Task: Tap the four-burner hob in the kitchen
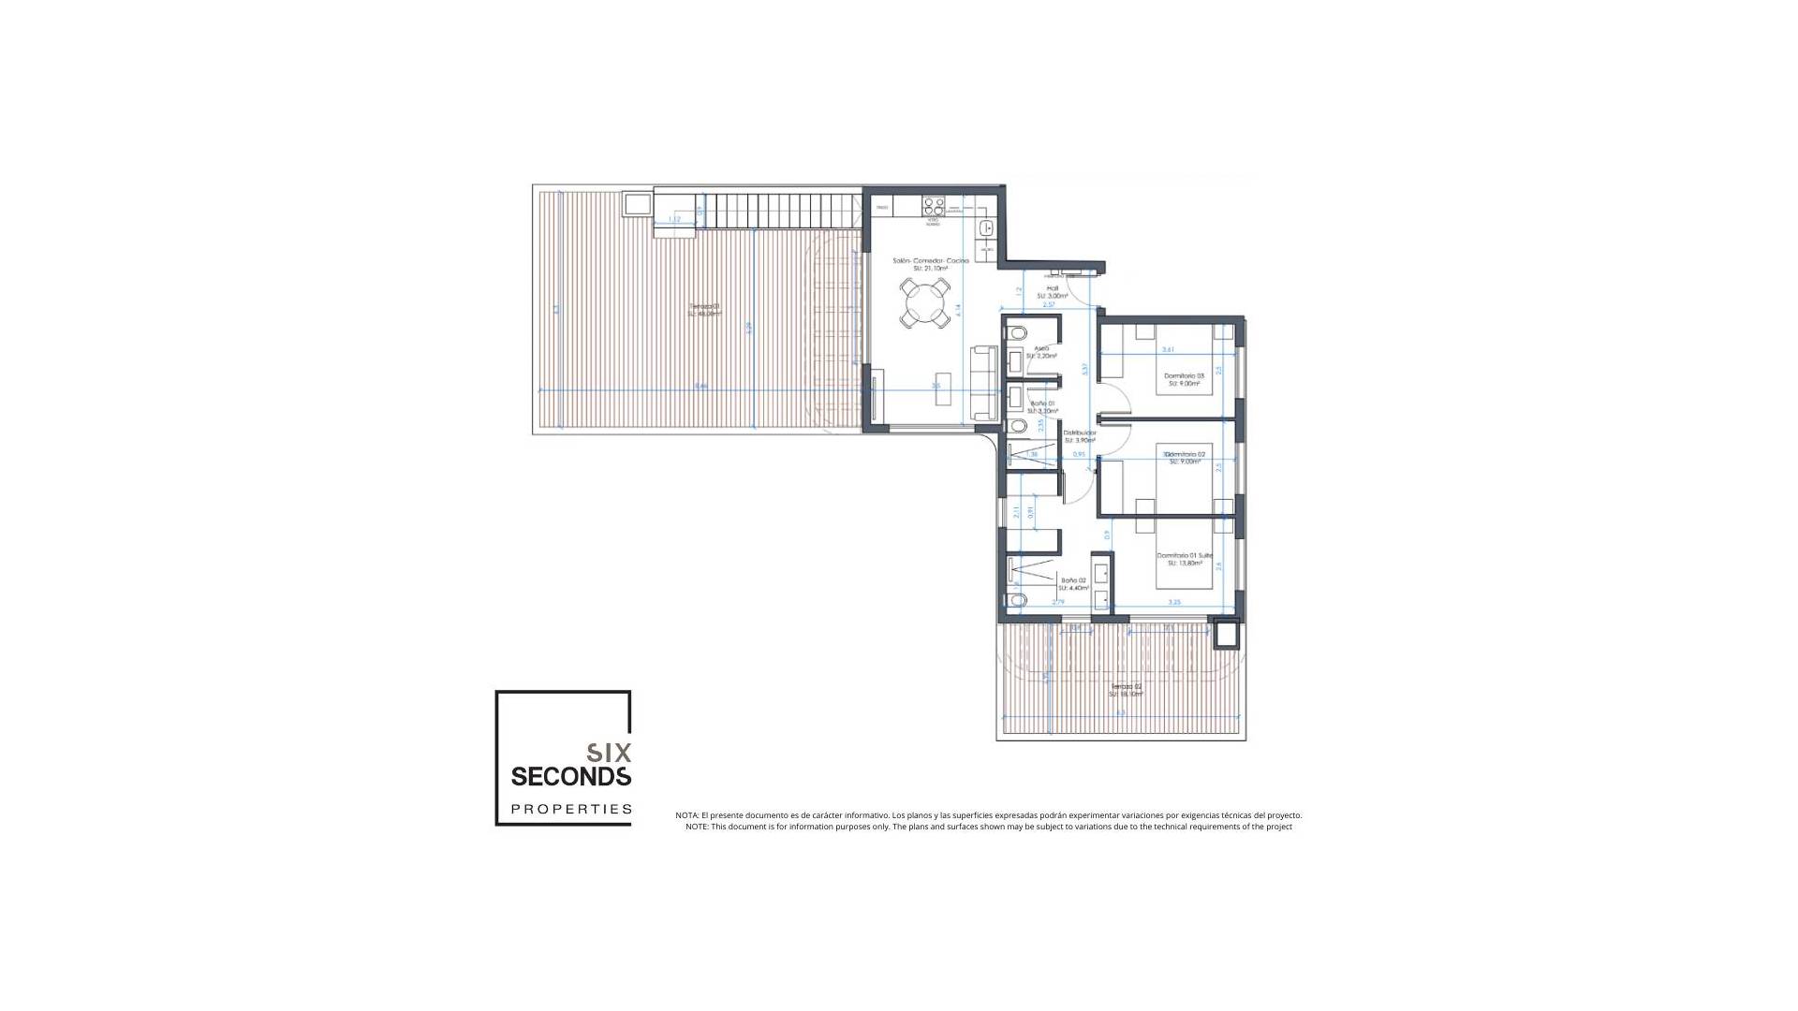[x=934, y=206]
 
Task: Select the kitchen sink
[x=985, y=227]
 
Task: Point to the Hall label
[x=1052, y=288]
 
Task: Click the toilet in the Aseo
[x=1016, y=332]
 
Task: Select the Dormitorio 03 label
[x=1184, y=375]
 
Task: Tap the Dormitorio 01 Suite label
[x=1184, y=555]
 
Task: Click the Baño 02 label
[x=1073, y=579]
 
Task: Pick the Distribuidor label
[x=1079, y=432]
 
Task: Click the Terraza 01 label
[x=705, y=307]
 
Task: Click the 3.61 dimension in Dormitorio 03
[x=1168, y=349]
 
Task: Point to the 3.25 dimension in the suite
[x=1174, y=602]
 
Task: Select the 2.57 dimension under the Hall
[x=1048, y=304]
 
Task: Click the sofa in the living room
[x=984, y=382]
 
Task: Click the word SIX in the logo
[x=609, y=752]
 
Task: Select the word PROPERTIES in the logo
[x=571, y=809]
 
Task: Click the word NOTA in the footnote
[x=686, y=815]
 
